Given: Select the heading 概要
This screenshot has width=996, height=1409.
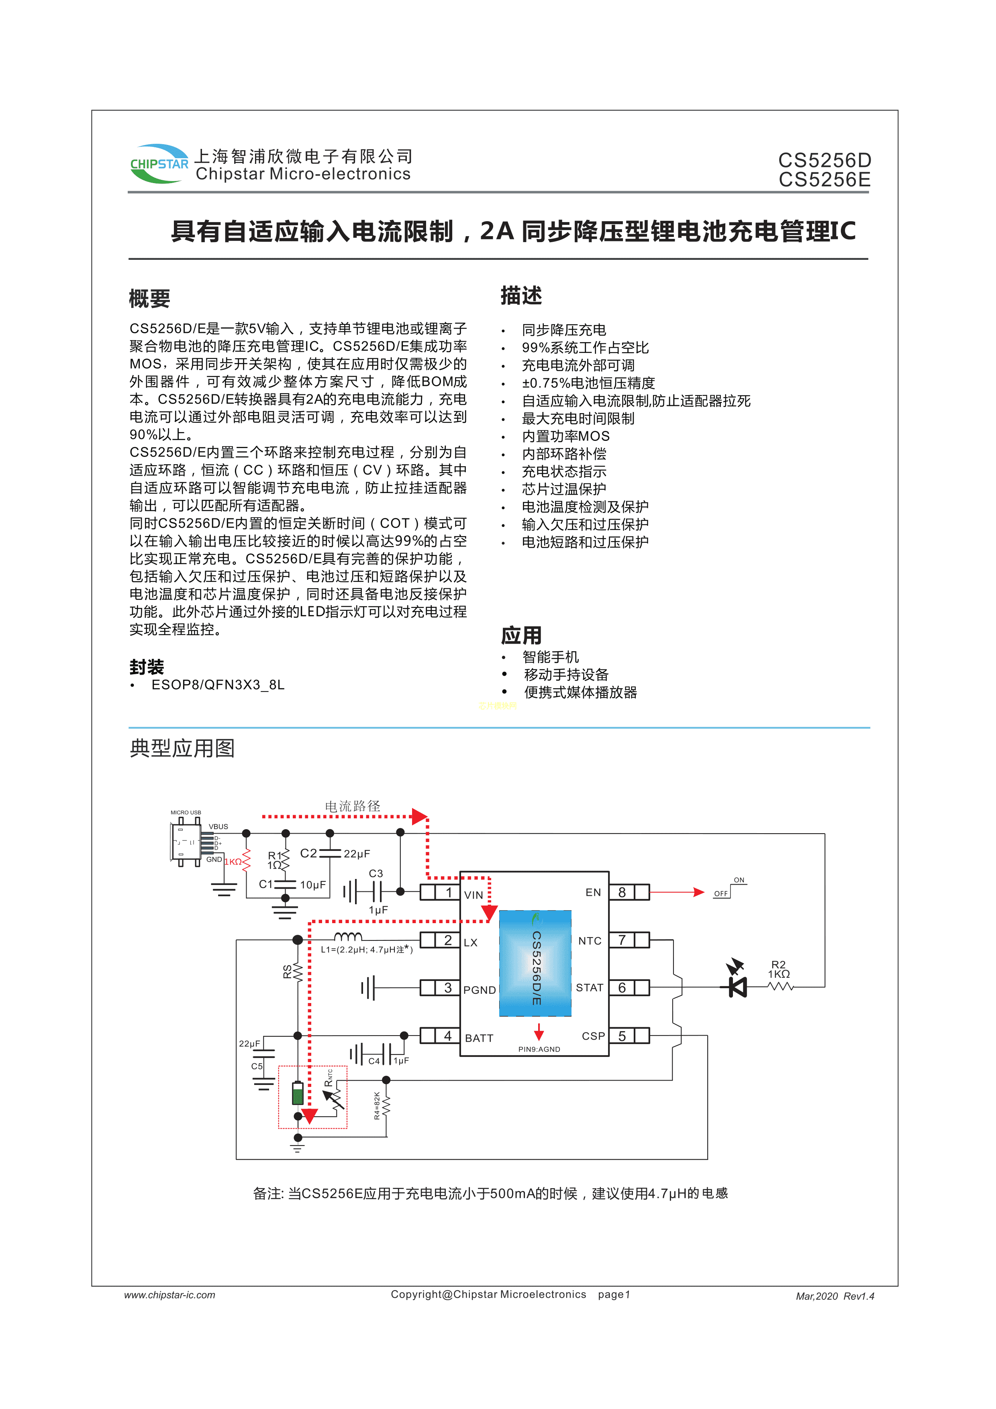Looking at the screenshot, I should pos(149,299).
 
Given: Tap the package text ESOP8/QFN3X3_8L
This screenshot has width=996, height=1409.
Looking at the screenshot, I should pos(218,685).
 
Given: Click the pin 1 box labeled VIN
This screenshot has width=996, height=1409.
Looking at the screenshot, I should pos(448,892).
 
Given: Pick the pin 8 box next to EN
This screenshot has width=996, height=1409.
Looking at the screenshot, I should pos(622,892).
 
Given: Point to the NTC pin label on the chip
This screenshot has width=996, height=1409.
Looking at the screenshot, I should pos(589,941).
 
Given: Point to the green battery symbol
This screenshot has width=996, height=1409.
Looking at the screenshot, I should pos(298,1093).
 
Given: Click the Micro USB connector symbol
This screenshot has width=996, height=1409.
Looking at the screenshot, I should pos(185,842).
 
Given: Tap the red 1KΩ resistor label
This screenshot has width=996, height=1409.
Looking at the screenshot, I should pos(233,862).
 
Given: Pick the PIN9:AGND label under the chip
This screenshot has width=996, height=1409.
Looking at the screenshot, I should pos(539,1049).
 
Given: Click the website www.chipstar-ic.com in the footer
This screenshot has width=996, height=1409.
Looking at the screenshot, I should pos(169,1295).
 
